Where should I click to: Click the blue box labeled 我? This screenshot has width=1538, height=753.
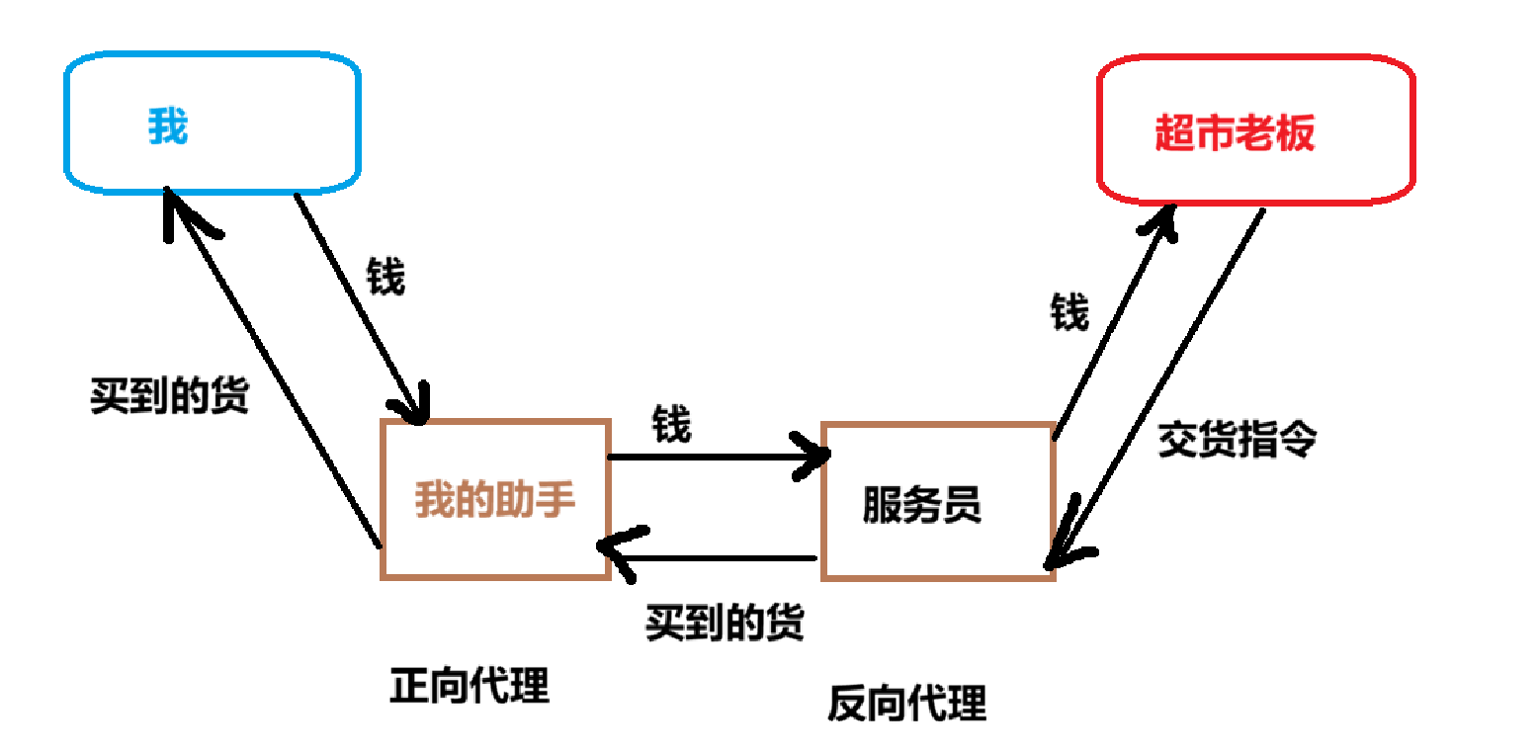[212, 123]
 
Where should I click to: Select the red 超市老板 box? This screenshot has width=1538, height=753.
[1255, 130]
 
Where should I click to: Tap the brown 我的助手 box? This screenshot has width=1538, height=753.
[494, 499]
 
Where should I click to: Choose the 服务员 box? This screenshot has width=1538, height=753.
[937, 502]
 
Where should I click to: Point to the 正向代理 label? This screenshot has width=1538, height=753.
[470, 685]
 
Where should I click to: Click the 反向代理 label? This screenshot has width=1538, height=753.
[906, 705]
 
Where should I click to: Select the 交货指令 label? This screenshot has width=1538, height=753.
[1237, 439]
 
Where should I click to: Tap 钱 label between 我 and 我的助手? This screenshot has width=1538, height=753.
[385, 278]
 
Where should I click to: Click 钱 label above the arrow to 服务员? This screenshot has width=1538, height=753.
[671, 425]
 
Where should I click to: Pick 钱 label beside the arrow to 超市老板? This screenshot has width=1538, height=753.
[1069, 314]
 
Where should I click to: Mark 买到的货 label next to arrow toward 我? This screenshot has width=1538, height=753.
[169, 396]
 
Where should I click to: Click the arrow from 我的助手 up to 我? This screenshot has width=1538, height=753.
[272, 366]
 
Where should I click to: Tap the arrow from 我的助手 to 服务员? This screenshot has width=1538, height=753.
[717, 457]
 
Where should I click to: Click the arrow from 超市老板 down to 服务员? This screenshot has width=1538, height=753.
[1156, 385]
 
